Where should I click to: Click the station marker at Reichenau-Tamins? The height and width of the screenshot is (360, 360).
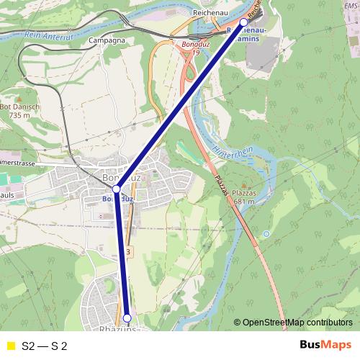tap(243, 22)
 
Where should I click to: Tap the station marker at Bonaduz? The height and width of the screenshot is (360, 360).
tap(116, 189)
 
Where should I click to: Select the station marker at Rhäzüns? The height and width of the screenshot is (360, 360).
tap(127, 318)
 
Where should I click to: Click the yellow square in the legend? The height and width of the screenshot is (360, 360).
tap(9, 346)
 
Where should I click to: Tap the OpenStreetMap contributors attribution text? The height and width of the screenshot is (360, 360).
tap(297, 323)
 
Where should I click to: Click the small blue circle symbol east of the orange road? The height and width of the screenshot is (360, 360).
tap(266, 234)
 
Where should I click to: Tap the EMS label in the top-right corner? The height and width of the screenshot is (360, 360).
tap(351, 4)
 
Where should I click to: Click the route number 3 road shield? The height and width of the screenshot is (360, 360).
tap(127, 251)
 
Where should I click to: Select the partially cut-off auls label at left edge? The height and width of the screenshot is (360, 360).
tap(7, 194)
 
